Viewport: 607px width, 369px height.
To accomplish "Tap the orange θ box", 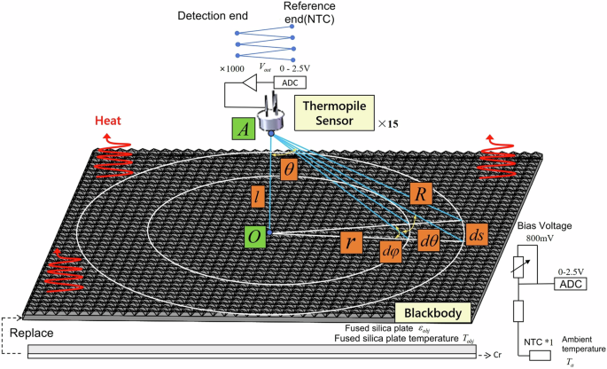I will click(x=288, y=169).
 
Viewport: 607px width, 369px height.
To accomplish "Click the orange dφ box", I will click(x=391, y=252).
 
